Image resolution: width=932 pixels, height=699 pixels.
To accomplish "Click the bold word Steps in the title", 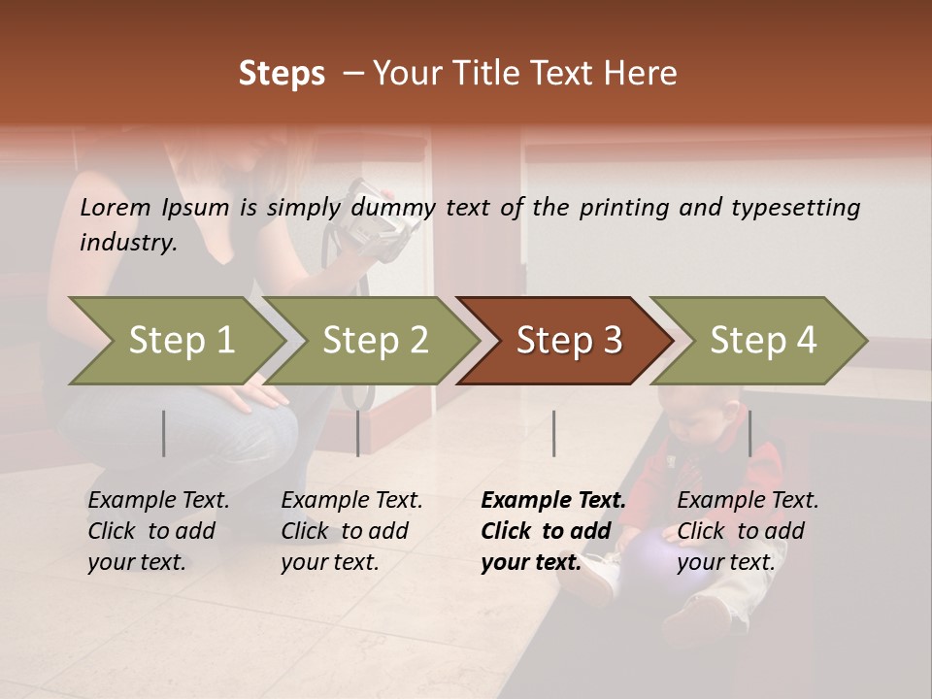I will click(282, 74).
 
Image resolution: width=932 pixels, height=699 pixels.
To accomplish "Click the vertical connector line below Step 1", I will click(164, 433).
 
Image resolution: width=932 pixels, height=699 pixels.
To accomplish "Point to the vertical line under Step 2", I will click(358, 433).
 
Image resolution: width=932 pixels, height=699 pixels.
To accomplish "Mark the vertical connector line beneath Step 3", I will click(553, 433).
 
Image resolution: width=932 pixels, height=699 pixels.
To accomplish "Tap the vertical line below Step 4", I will click(749, 433).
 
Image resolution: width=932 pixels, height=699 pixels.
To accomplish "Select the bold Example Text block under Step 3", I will click(552, 531).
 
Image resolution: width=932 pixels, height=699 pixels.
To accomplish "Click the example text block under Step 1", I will click(158, 531).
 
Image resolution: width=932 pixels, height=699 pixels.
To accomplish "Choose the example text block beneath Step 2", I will click(351, 531).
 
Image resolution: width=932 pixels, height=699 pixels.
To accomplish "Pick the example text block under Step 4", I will click(748, 531).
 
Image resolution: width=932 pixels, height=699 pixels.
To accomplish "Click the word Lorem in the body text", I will click(116, 208).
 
